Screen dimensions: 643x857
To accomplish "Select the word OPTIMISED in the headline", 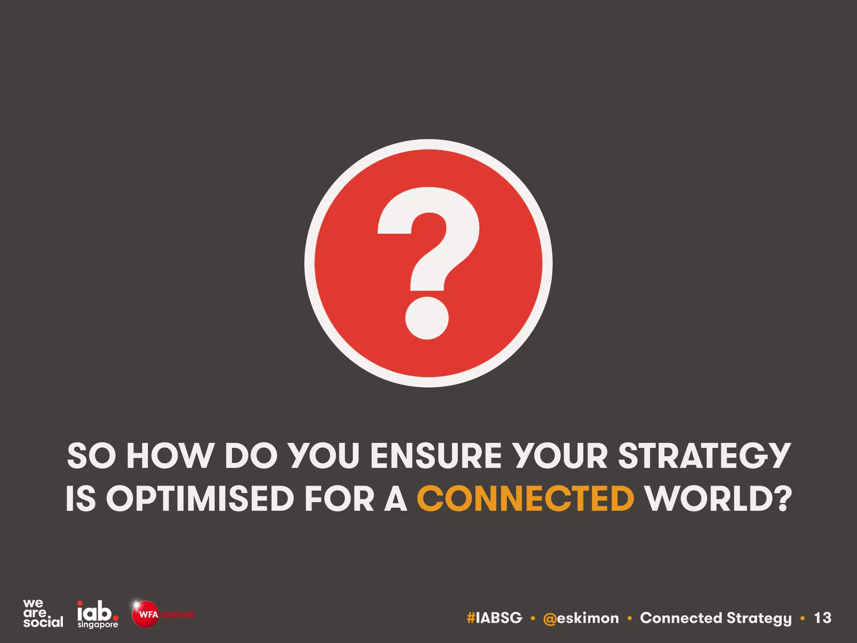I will click(200, 499).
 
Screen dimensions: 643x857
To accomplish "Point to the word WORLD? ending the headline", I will click(718, 499).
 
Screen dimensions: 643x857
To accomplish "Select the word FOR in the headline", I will click(339, 499).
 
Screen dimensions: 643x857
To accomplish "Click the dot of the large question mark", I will click(427, 318).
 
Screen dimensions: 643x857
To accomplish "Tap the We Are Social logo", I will click(43, 613).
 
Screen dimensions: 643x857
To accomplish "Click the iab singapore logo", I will click(98, 613).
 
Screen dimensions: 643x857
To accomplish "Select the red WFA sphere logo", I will click(145, 614).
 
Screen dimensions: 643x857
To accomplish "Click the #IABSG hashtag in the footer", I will click(494, 618).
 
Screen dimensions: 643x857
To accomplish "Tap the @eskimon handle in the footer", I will click(581, 618).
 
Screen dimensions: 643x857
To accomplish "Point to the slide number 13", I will click(822, 618).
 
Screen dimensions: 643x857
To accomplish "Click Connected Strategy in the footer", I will click(716, 618).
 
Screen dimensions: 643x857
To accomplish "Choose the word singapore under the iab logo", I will click(98, 625).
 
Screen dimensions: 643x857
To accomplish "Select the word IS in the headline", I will click(80, 499).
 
